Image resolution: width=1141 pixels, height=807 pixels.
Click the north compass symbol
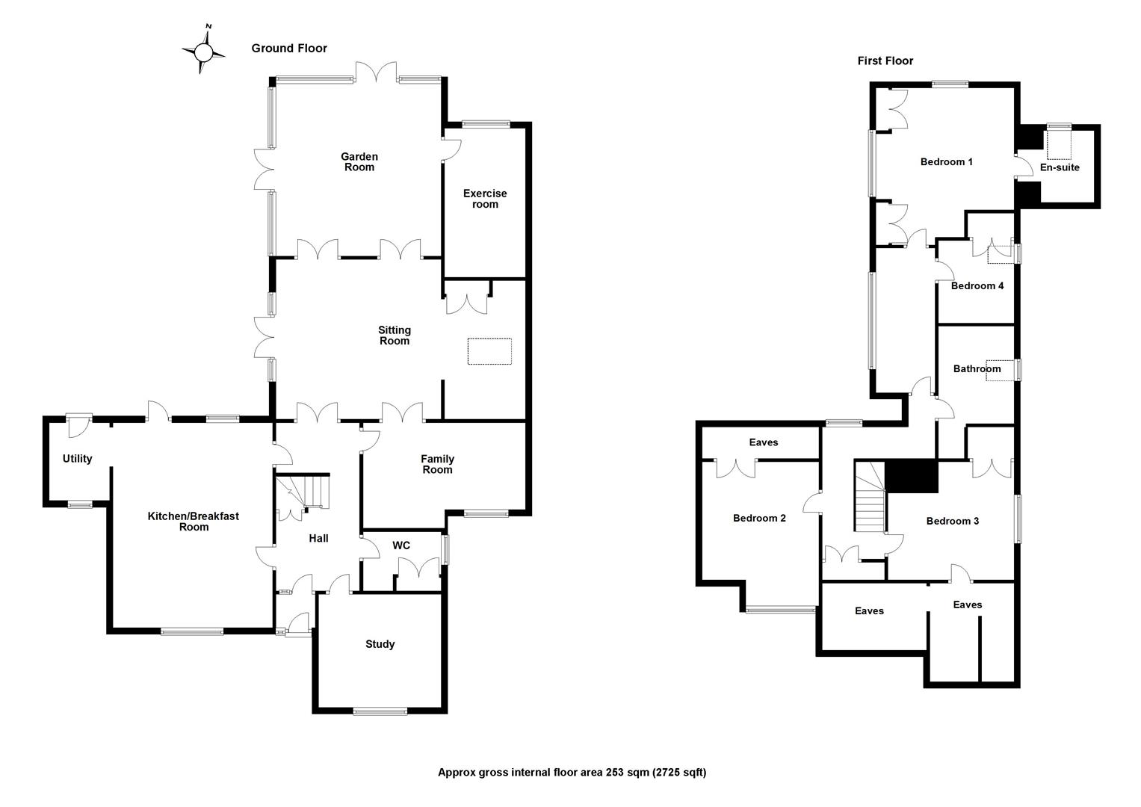pos(203,52)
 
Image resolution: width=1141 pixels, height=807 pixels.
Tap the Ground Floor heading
pos(289,49)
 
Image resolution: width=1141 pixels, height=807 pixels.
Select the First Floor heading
pos(885,61)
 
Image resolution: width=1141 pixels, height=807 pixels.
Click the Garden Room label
pos(359,162)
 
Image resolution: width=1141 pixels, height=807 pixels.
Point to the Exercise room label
pos(485,199)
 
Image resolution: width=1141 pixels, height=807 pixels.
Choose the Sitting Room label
pos(395,336)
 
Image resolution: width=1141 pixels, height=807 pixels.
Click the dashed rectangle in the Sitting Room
pos(489,351)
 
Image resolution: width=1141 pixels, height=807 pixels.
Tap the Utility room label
pos(77,459)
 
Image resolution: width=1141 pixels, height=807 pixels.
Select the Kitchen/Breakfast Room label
pos(194,522)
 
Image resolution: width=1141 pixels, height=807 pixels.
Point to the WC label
pos(401,545)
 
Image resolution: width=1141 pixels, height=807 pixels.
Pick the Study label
pos(380,644)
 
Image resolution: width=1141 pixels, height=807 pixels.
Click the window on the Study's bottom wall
pos(380,711)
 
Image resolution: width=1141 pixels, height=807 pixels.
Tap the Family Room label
pos(437,464)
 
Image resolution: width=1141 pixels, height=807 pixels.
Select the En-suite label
pos(1060,167)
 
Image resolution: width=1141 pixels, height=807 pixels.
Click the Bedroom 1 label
pos(946,162)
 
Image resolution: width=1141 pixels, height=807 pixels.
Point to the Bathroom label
pos(977,369)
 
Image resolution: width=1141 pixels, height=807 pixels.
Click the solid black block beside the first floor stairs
pos(911,476)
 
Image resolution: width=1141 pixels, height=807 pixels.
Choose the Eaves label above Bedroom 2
pos(763,442)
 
